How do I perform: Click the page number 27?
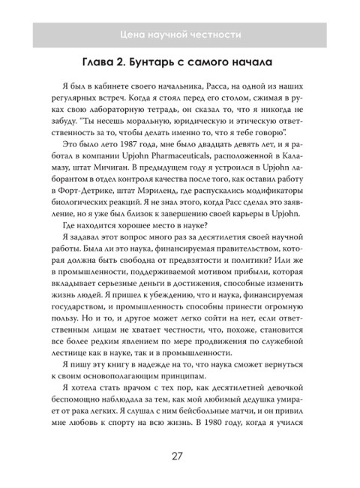[x=179, y=456]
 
